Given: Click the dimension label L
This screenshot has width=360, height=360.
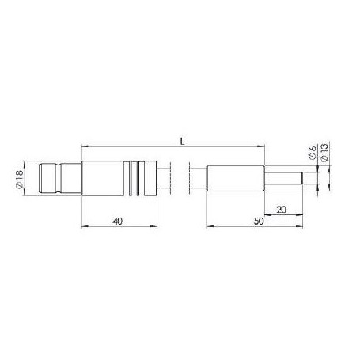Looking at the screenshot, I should tap(183, 141).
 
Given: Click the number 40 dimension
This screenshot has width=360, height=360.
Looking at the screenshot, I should tap(118, 222).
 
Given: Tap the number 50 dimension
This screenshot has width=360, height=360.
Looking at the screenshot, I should tap(257, 222).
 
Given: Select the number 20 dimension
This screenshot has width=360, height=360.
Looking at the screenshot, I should tap(281, 210).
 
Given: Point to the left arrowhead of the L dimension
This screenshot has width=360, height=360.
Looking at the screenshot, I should tap(85, 146).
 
